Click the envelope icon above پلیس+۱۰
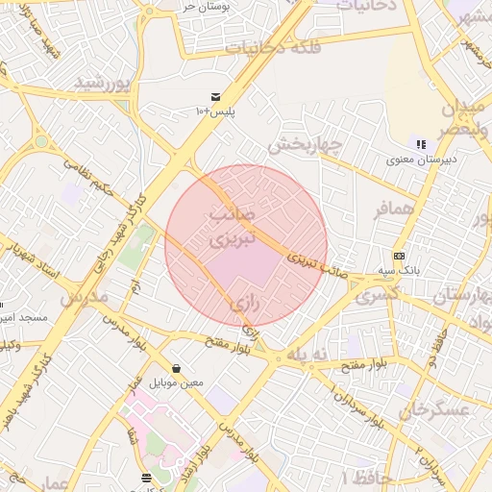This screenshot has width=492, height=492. tap(215, 97)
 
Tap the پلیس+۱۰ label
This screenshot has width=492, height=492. tap(215, 112)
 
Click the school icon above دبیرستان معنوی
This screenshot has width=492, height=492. tap(421, 144)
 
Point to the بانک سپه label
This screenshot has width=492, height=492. tap(400, 271)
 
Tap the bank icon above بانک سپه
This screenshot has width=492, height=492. tap(400, 256)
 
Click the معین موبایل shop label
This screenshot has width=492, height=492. tap(177, 382)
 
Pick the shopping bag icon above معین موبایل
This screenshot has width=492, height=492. tap(177, 368)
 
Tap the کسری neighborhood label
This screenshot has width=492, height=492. tap(377, 297)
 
